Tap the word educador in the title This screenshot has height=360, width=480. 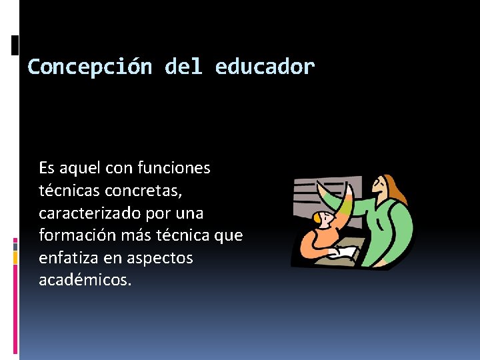coord(265,67)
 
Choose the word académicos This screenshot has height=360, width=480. coord(85,280)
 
